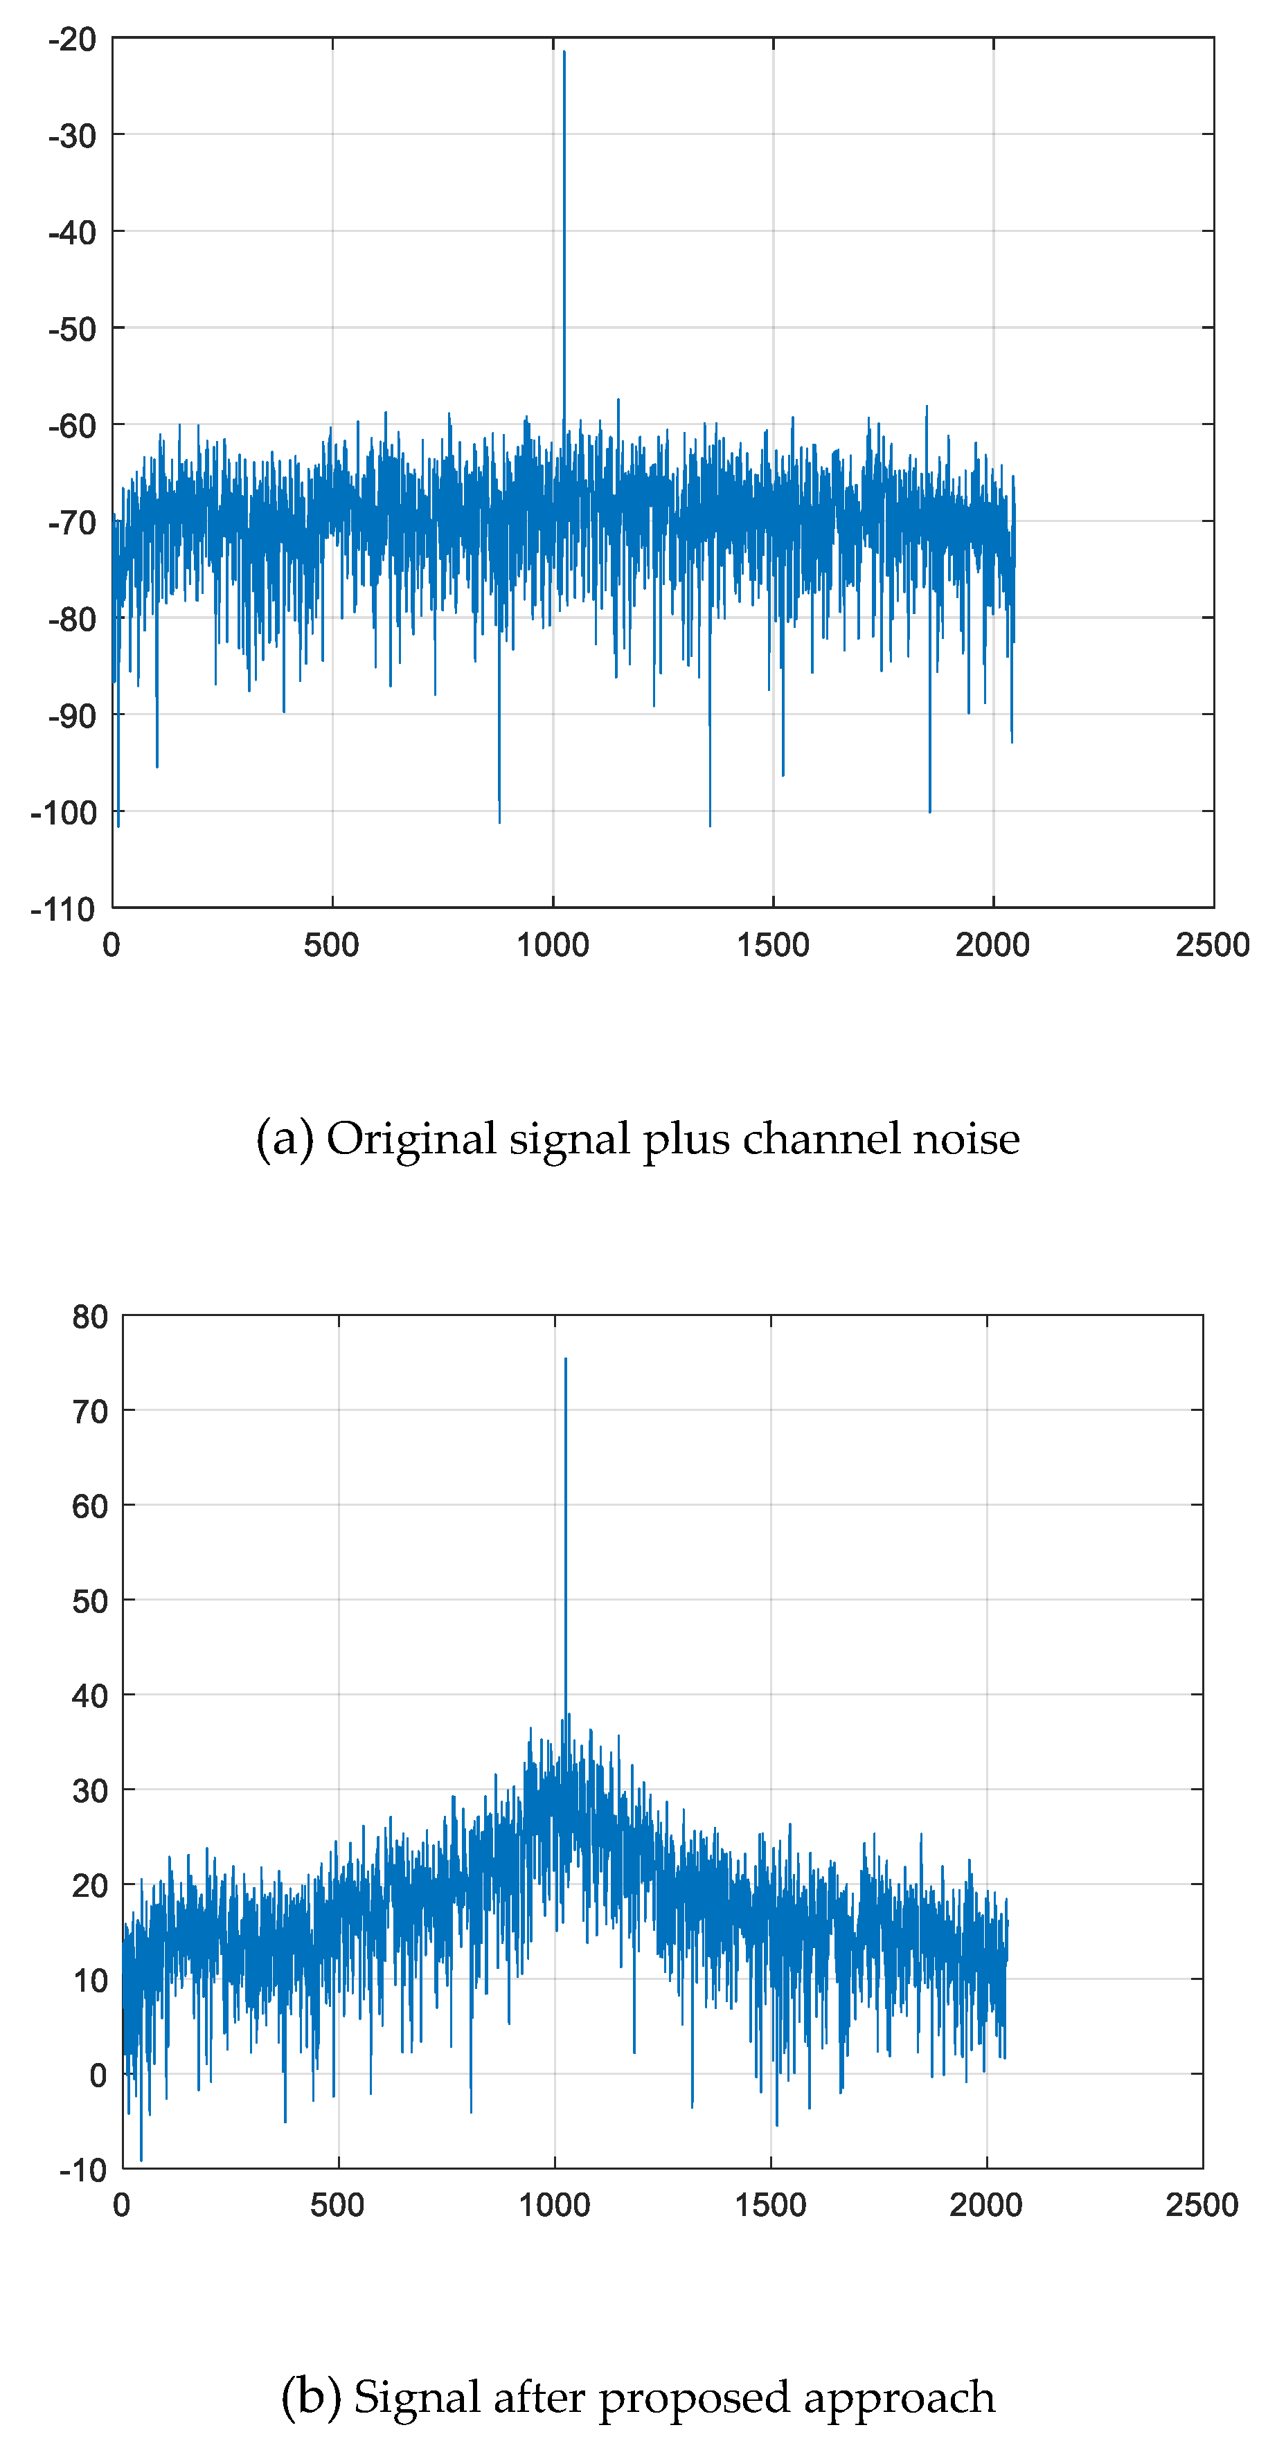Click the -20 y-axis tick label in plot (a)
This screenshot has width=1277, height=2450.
[x=72, y=40]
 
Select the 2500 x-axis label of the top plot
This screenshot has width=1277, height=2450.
[x=1211, y=946]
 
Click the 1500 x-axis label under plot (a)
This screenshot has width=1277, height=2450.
[x=773, y=946]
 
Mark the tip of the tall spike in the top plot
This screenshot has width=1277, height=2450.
[x=564, y=51]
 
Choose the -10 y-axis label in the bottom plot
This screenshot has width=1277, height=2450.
[x=83, y=2170]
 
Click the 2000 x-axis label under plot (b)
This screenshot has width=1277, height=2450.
[x=986, y=2205]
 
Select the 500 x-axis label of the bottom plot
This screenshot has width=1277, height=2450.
[x=338, y=2205]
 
